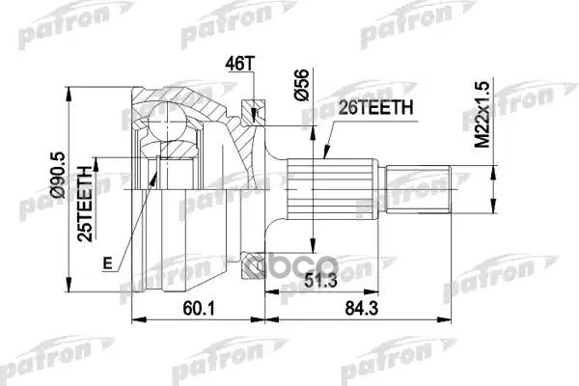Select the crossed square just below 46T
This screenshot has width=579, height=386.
click(254, 105)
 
